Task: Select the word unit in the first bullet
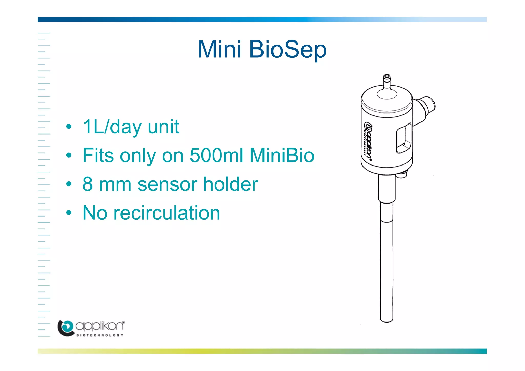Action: point(163,127)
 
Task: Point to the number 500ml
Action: point(216,155)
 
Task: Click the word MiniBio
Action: point(282,155)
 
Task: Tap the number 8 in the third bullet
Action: point(87,184)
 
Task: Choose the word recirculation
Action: point(167,213)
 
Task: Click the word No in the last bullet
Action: point(95,213)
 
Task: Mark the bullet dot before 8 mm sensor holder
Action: point(68,184)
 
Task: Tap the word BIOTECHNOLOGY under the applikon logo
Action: point(100,335)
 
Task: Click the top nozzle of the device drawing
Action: point(387,81)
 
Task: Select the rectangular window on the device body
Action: point(404,138)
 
